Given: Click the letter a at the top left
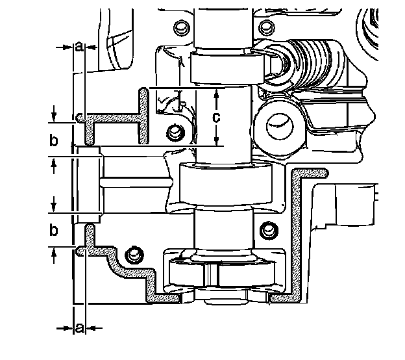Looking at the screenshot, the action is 79,47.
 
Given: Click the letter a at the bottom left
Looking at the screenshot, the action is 79,328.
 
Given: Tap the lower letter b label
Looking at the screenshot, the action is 54,230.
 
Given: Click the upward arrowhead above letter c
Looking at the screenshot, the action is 218,93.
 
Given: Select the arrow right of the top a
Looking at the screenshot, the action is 92,47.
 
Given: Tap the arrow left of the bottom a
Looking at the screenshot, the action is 65,328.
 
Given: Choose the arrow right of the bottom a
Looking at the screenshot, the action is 92,328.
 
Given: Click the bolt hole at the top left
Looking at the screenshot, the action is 180,27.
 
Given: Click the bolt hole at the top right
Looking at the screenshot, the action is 264,27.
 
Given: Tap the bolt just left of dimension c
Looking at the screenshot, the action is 173,133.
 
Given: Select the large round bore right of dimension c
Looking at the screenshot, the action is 277,122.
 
